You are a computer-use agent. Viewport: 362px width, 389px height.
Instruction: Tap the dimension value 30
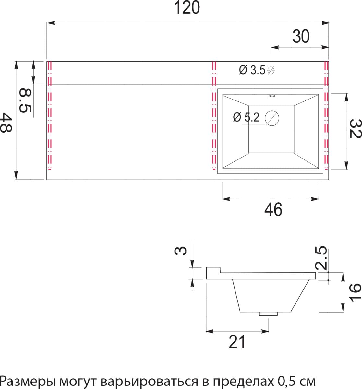tap(301, 37)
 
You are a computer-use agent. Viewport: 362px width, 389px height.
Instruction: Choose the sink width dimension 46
tap(273, 209)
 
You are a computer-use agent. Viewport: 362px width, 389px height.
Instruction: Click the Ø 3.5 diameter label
tap(252, 70)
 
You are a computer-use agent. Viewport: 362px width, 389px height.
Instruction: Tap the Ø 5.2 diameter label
tap(247, 117)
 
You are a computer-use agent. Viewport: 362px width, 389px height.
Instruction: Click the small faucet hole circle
tap(271, 70)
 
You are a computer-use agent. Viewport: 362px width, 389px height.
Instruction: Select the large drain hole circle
tap(272, 118)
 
